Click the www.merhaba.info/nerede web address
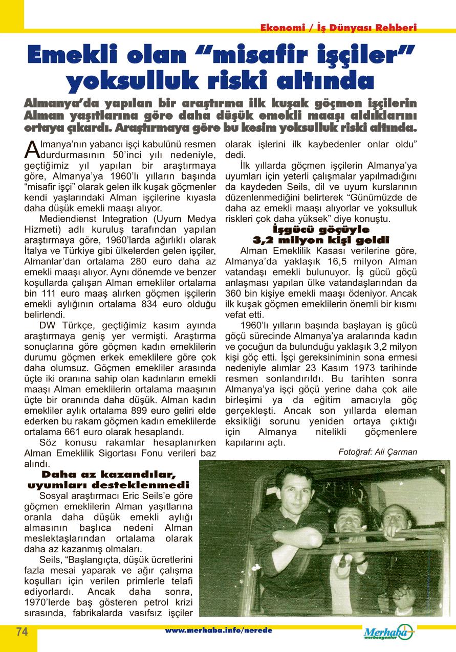[x=219, y=630]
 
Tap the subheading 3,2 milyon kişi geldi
[x=321, y=239]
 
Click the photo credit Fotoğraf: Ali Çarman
[x=378, y=452]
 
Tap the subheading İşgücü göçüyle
[x=321, y=229]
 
